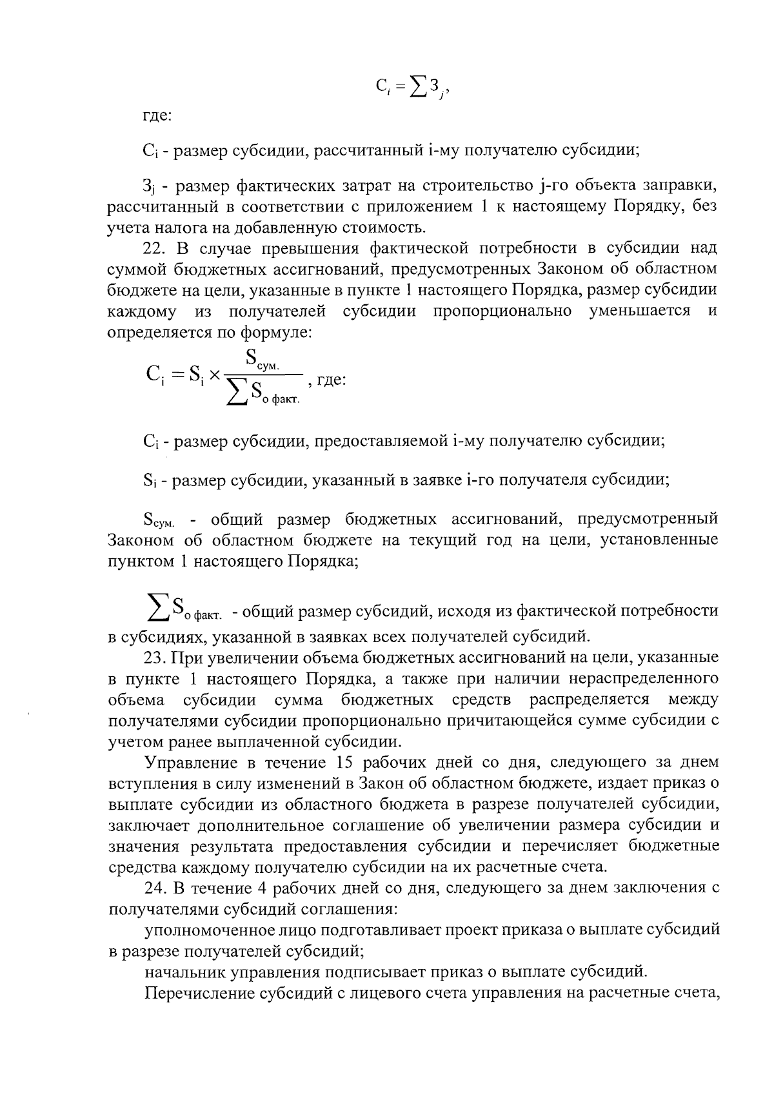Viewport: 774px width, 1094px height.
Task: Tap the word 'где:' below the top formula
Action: pyautogui.click(x=157, y=117)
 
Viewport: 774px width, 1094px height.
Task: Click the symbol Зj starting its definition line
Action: pyautogui.click(x=149, y=187)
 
